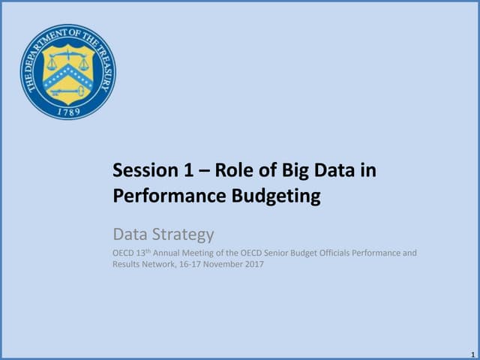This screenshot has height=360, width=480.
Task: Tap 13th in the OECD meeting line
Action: (x=142, y=253)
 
